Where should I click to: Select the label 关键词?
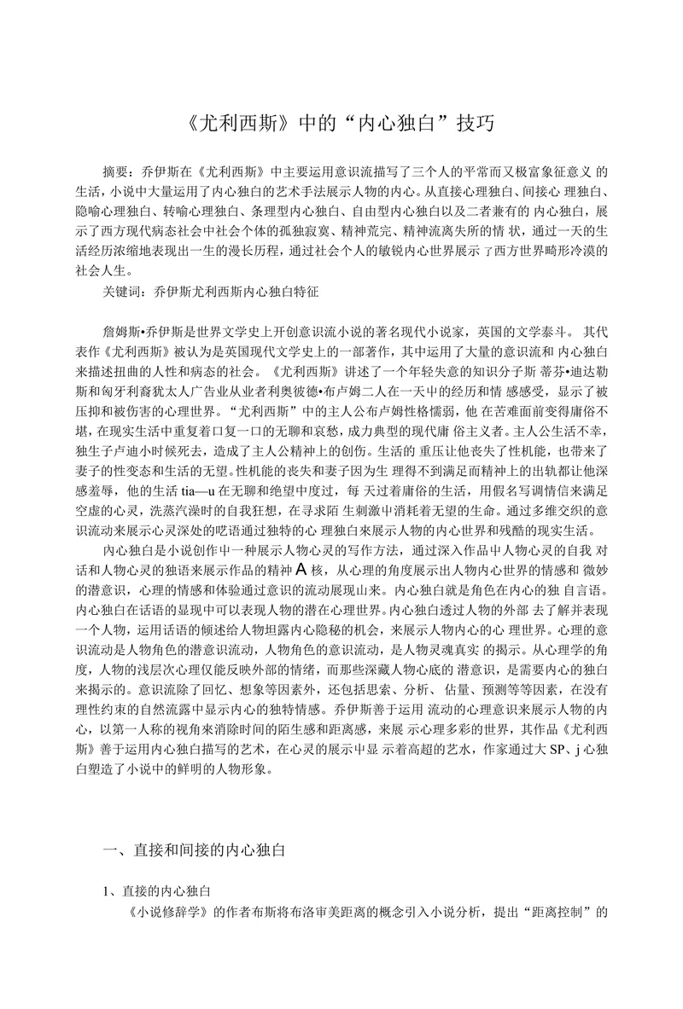tap(120, 291)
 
